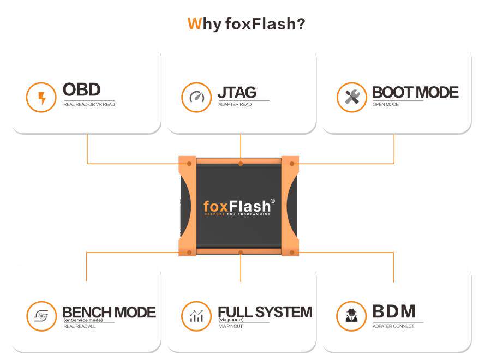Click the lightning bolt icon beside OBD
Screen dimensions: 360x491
pyautogui.click(x=41, y=98)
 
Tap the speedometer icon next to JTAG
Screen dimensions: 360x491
pyautogui.click(x=196, y=98)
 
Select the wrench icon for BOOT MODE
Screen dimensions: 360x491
pyautogui.click(x=351, y=98)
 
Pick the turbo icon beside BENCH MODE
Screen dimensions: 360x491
pyautogui.click(x=41, y=316)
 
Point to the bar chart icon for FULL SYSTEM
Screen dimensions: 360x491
pyautogui.click(x=196, y=316)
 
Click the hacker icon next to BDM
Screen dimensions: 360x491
pyautogui.click(x=351, y=316)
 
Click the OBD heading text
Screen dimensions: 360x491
pyautogui.click(x=81, y=90)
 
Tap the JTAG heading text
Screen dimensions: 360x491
pyautogui.click(x=236, y=92)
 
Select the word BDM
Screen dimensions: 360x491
pyautogui.click(x=393, y=311)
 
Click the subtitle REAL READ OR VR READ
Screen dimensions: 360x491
pyautogui.click(x=89, y=104)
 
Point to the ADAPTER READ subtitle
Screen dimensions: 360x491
pyautogui.click(x=235, y=104)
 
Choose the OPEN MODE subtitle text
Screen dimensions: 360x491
pyautogui.click(x=385, y=104)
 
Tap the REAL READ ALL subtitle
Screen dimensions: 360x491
pyautogui.click(x=80, y=326)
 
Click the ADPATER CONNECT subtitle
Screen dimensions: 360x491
pyautogui.click(x=393, y=326)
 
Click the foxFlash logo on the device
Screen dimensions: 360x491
pyautogui.click(x=237, y=206)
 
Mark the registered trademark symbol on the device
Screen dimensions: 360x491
pyautogui.click(x=272, y=201)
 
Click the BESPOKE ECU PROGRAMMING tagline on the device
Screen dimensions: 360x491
pyautogui.click(x=237, y=215)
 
